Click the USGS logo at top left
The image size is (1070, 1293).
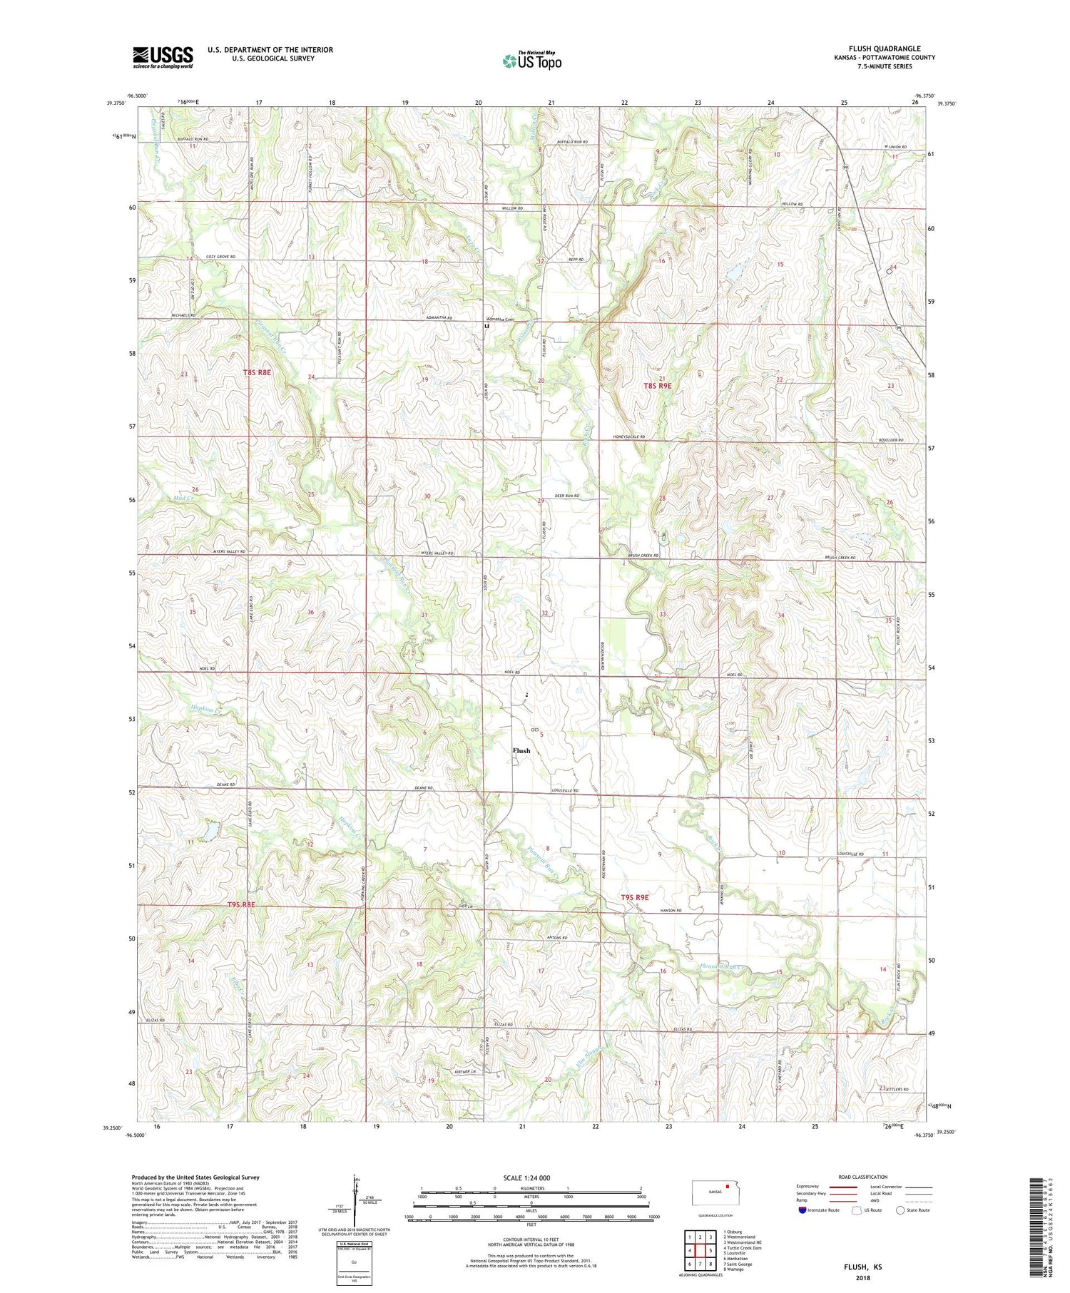163,57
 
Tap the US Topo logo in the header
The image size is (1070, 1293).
531,61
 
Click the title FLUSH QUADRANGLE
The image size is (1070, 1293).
884,48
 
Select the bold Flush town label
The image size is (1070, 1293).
521,750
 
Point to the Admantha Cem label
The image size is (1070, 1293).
500,320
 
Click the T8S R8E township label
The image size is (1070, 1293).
257,372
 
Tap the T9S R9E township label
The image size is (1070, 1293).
634,897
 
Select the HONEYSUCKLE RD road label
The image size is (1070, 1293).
628,436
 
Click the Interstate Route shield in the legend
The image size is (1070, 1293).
802,1210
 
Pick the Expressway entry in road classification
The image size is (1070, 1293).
808,1187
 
